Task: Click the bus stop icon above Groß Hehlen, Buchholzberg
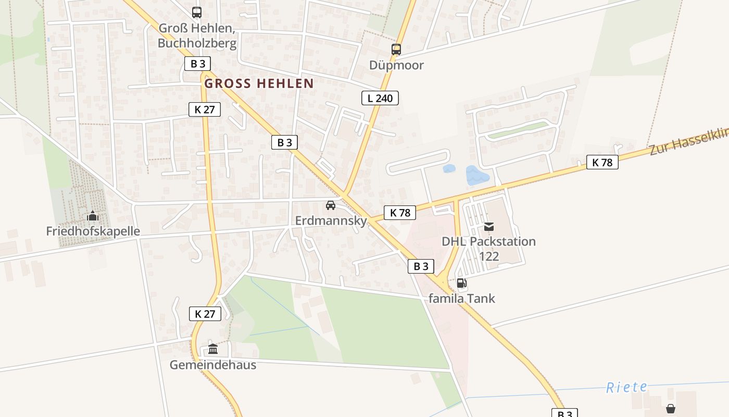tap(196, 13)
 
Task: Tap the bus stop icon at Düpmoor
tap(396, 50)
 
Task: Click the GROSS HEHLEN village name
tap(259, 83)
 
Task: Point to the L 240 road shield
tap(380, 97)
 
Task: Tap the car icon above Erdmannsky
tap(330, 205)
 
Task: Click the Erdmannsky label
tap(331, 220)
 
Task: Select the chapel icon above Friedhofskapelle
tap(93, 216)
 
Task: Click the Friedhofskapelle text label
tap(93, 231)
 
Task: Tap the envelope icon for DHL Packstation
tap(488, 227)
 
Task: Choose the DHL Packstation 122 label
tap(488, 249)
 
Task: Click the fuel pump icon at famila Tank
tap(461, 283)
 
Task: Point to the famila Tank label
tap(461, 298)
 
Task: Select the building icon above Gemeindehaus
tap(212, 349)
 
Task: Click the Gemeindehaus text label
tap(212, 364)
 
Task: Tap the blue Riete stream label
tap(627, 387)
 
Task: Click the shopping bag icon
tap(671, 408)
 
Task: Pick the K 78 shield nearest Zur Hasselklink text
tap(602, 162)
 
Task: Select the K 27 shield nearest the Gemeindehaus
tap(205, 314)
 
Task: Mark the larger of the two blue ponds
tap(477, 176)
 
